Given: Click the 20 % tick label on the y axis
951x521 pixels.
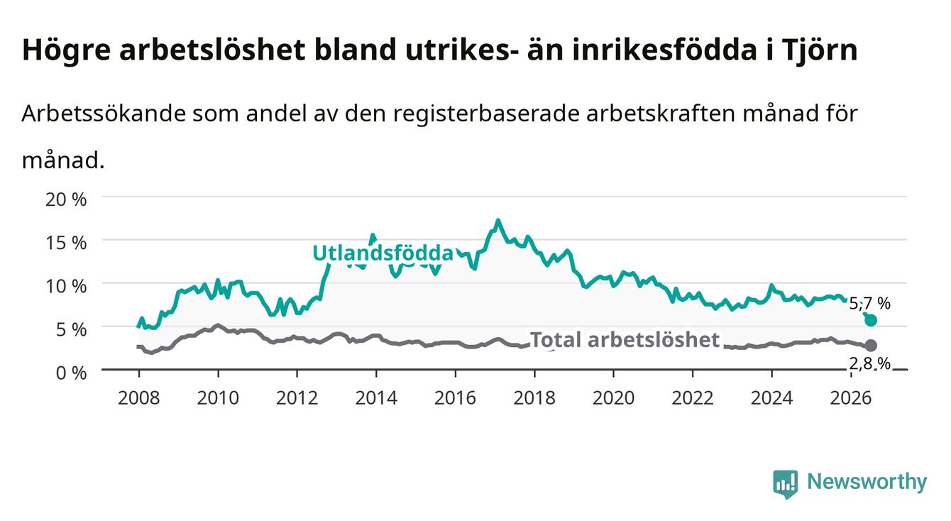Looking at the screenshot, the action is click(66, 199).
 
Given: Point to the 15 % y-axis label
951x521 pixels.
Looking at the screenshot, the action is click(66, 243).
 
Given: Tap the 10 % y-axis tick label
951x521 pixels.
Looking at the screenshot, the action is click(66, 286).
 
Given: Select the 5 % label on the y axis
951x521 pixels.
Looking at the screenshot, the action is click(71, 329).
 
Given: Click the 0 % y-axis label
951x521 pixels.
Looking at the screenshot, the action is click(71, 373).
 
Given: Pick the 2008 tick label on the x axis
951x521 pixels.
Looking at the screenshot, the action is click(139, 398).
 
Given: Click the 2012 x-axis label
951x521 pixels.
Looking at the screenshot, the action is click(297, 398).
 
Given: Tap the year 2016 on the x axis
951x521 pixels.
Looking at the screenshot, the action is click(455, 398).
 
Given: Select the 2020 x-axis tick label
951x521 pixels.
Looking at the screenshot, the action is click(613, 398).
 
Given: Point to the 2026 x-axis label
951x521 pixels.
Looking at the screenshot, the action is click(851, 398).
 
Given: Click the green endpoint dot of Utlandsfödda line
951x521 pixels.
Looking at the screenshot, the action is click(871, 320).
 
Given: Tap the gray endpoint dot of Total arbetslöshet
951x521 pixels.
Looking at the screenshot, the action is click(871, 345).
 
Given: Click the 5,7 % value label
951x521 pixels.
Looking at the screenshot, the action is click(869, 304).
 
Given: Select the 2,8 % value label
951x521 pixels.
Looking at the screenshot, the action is click(869, 364).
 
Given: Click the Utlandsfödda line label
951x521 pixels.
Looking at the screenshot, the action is click(383, 253).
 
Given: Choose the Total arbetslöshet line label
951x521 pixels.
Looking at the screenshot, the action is click(625, 340).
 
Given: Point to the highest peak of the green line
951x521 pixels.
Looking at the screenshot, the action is click(498, 220).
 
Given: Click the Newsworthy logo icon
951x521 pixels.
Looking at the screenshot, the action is click(786, 484).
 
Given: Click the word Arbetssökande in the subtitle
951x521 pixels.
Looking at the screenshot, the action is click(104, 114).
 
